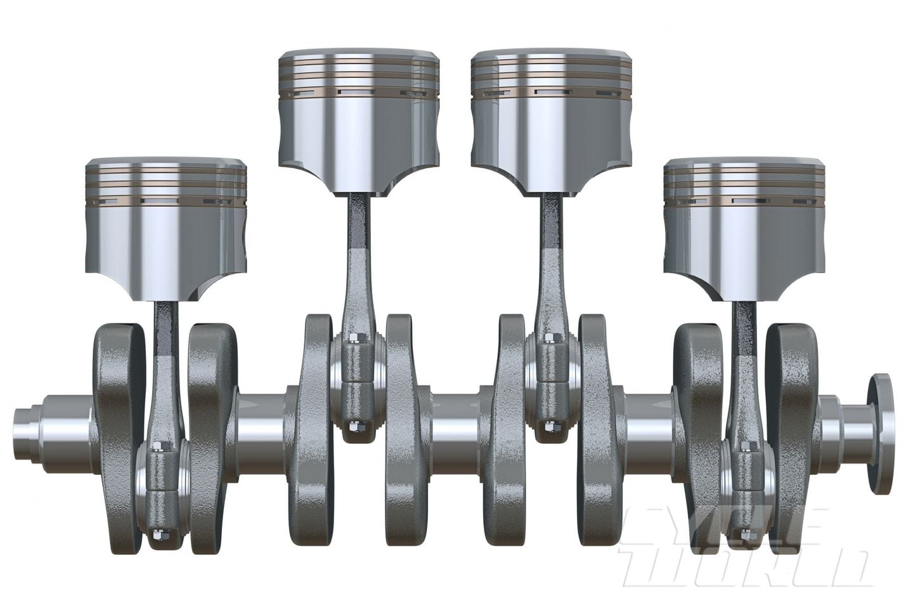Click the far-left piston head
[165, 228]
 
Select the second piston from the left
[359, 120]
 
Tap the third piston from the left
[552, 120]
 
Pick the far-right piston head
[744, 228]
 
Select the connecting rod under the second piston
[356, 273]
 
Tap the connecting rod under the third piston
[549, 273]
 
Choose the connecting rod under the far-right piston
[743, 380]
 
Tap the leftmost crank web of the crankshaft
[117, 431]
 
